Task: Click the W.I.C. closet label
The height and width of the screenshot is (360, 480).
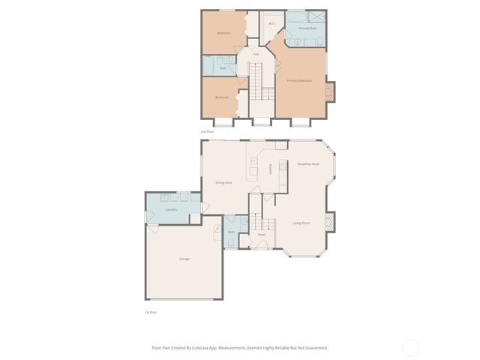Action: (272, 23)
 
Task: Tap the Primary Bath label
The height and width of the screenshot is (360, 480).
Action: (307, 28)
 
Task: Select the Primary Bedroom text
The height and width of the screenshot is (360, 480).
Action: (299, 80)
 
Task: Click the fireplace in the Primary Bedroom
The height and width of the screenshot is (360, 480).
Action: (330, 91)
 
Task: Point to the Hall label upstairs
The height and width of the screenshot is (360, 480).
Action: (256, 54)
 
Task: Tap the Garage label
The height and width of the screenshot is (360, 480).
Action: (184, 259)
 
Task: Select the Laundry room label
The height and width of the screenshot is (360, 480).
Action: (171, 211)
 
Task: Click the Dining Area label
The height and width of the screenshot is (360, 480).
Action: (223, 182)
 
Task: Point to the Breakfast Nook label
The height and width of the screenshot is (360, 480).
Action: (308, 163)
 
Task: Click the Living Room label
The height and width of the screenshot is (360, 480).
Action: (301, 223)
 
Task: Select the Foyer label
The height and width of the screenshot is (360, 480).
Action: (262, 235)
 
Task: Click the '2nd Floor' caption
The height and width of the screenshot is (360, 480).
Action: (207, 130)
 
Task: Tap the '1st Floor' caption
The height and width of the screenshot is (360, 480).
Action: (150, 312)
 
